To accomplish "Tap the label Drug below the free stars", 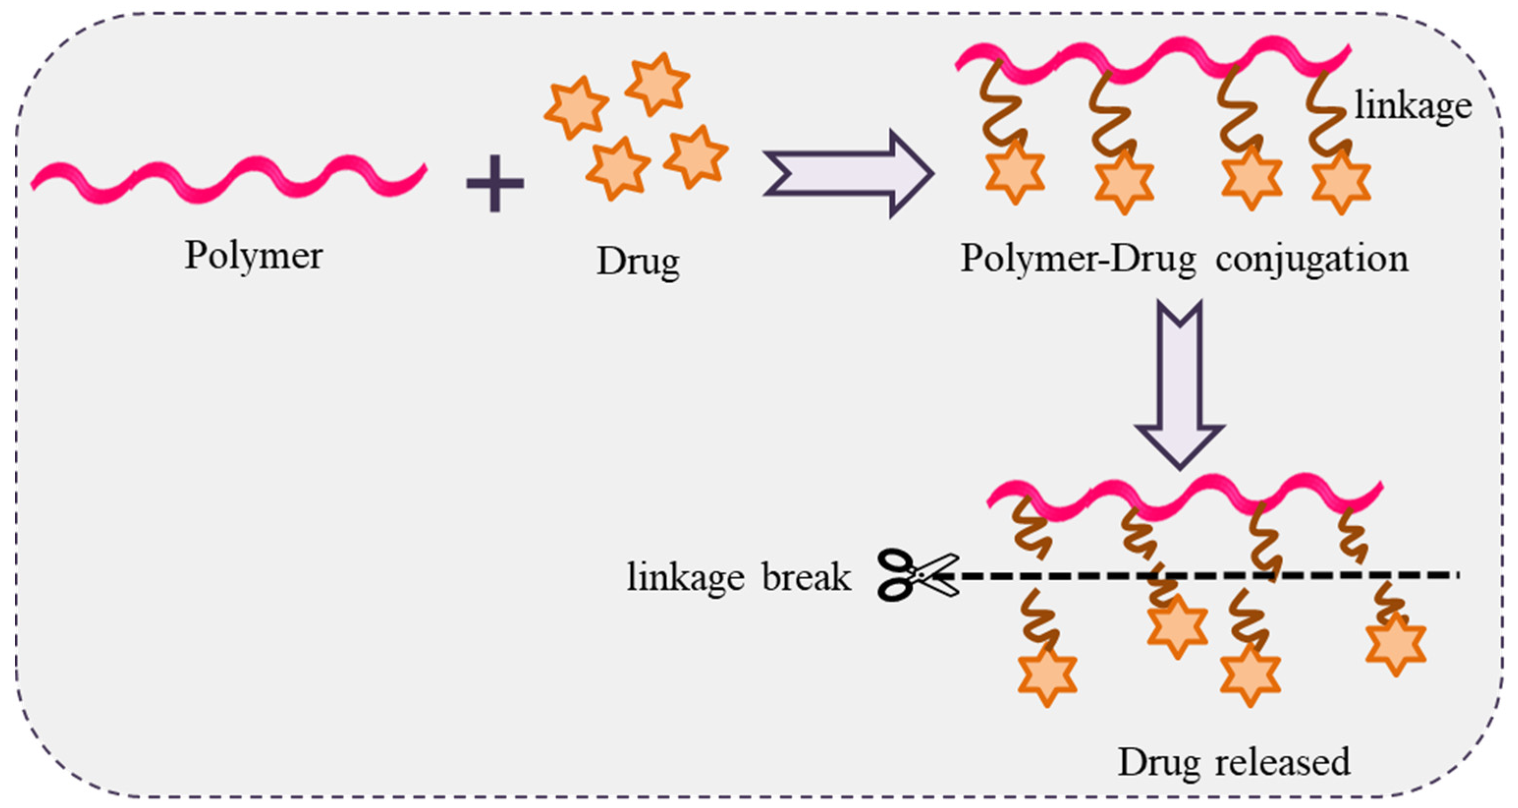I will click(x=638, y=261).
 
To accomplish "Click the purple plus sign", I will click(x=494, y=183).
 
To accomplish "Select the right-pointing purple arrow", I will click(x=848, y=174).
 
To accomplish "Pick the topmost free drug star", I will click(x=657, y=84).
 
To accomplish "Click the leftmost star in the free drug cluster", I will click(x=576, y=108).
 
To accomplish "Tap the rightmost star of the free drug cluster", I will click(x=696, y=157).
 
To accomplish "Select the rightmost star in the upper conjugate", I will click(x=1341, y=182).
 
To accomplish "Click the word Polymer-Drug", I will click(x=1078, y=259).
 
